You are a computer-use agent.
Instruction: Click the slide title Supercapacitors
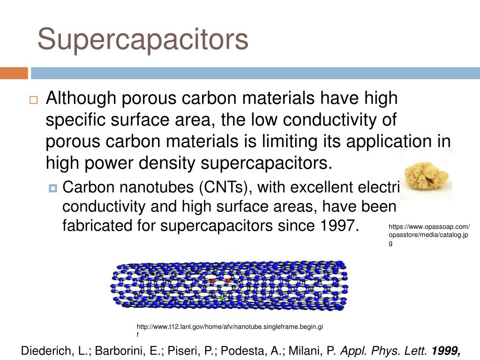coord(143,39)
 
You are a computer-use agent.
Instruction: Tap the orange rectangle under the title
coord(14,74)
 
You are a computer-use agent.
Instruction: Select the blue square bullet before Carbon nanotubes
coord(52,188)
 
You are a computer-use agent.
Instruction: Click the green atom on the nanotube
coord(223,298)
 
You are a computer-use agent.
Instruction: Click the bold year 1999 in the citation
coord(446,351)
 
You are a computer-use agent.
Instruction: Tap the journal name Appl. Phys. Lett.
coord(383,351)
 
